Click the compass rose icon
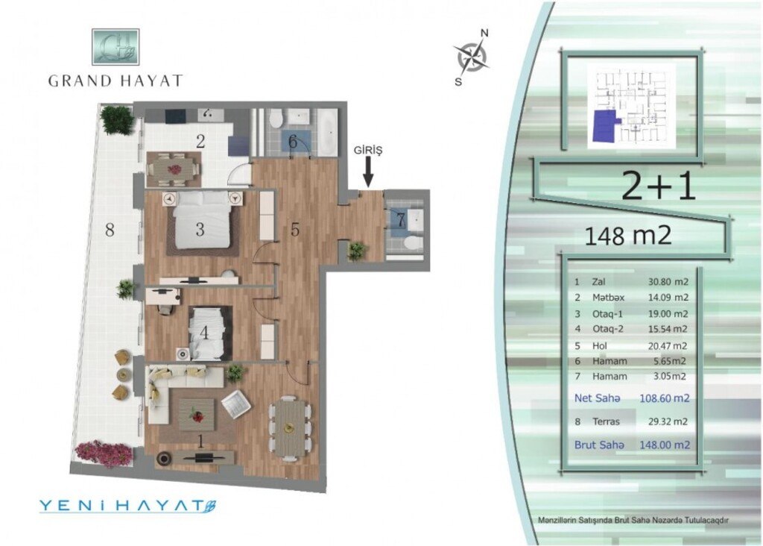pos(471,56)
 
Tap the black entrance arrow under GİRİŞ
pos(368,173)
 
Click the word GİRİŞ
pos(368,151)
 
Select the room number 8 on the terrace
pos(110,230)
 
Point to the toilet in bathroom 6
pos(276,117)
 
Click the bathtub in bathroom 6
pos(326,131)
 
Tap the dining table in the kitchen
pos(174,169)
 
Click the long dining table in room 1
pos(290,427)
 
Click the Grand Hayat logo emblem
pos(115,47)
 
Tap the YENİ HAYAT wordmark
pos(127,506)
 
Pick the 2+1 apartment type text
pos(659,187)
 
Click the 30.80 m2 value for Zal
pos(668,281)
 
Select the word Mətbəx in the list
pos(608,297)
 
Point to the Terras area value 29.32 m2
pos(668,421)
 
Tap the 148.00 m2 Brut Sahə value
pos(665,445)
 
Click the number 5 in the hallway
pos(295,230)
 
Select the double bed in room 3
pos(200,223)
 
